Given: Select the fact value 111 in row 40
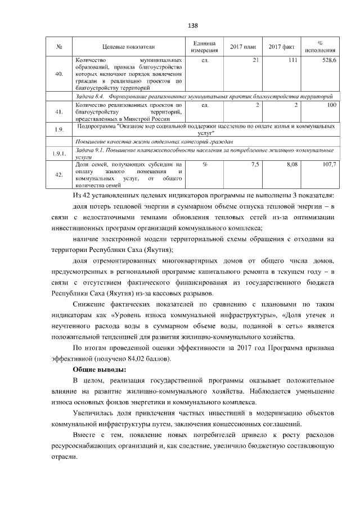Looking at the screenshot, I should (x=292, y=60).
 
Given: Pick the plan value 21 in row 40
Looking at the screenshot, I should (x=256, y=60).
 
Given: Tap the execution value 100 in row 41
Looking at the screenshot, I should (x=331, y=105).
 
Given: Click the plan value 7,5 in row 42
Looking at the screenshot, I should (x=255, y=164).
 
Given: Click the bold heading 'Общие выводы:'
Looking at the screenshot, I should (x=100, y=370).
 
